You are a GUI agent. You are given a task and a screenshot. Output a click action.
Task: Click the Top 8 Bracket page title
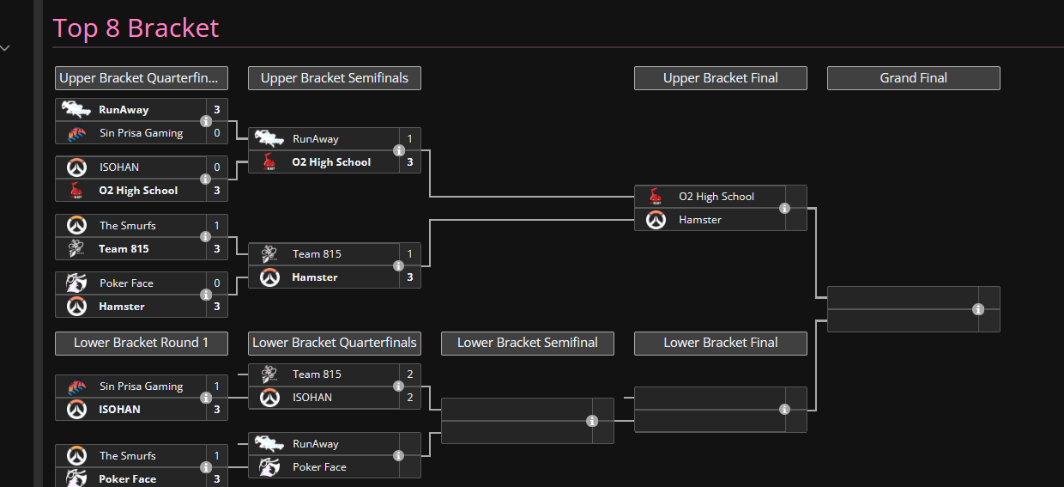click(136, 28)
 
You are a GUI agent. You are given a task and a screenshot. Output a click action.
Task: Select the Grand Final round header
click(914, 78)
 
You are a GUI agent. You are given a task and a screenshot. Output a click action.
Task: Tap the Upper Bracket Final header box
click(721, 78)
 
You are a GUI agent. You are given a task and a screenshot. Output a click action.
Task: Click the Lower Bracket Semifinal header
click(527, 343)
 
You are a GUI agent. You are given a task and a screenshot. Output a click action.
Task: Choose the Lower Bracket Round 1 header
click(141, 343)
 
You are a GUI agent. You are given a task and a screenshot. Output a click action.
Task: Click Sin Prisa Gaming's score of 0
click(217, 133)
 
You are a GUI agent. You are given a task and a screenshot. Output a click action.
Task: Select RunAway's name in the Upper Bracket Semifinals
click(316, 139)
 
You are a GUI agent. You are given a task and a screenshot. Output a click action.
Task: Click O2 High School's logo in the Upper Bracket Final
click(656, 197)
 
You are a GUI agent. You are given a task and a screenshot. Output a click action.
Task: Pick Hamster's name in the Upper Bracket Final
click(699, 220)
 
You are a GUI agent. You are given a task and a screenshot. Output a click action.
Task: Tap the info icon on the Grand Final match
click(978, 309)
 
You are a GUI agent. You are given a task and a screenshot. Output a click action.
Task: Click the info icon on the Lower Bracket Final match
click(784, 410)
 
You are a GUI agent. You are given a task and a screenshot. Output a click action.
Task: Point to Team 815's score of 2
click(410, 374)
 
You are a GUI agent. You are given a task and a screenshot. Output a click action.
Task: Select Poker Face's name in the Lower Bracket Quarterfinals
click(319, 467)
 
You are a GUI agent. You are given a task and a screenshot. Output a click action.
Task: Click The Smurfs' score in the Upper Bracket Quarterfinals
click(217, 225)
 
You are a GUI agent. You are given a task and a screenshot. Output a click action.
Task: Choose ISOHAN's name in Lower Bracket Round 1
click(119, 410)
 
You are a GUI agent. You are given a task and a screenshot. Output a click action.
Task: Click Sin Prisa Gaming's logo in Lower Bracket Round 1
click(77, 387)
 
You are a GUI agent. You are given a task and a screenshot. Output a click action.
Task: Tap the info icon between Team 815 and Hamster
click(398, 266)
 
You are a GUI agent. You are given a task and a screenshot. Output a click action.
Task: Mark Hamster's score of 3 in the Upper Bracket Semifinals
click(410, 277)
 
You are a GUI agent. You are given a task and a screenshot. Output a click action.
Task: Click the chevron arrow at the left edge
click(5, 48)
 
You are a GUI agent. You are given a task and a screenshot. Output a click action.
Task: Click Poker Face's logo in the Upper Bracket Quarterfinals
click(76, 283)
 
